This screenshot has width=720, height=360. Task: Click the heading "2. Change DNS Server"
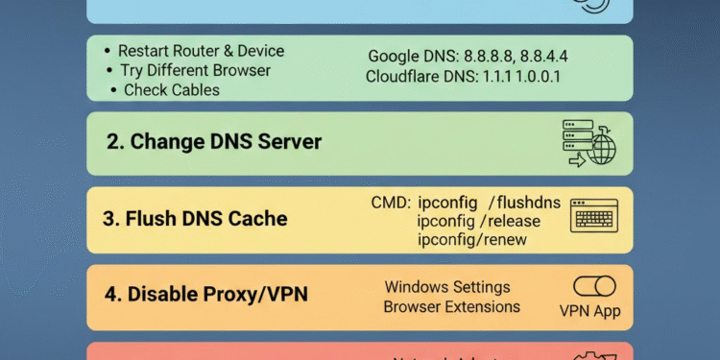click(213, 142)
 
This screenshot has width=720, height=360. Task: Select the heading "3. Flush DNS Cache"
click(195, 218)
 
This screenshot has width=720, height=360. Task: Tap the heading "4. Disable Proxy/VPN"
click(206, 294)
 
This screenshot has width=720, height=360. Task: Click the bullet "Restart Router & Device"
click(201, 51)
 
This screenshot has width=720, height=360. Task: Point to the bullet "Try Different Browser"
click(195, 70)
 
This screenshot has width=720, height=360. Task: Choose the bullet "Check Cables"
click(172, 90)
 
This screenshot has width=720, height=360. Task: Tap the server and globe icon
click(588, 143)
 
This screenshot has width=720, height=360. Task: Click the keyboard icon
click(594, 215)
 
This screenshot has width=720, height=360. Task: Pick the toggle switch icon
click(594, 286)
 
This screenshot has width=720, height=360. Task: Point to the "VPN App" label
click(589, 311)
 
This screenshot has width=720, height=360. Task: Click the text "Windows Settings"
click(447, 287)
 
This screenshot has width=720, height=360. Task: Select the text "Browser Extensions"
click(451, 307)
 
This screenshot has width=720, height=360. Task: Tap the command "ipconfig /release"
click(478, 221)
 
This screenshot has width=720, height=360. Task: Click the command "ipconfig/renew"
click(471, 239)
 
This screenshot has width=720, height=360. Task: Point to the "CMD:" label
click(391, 203)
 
